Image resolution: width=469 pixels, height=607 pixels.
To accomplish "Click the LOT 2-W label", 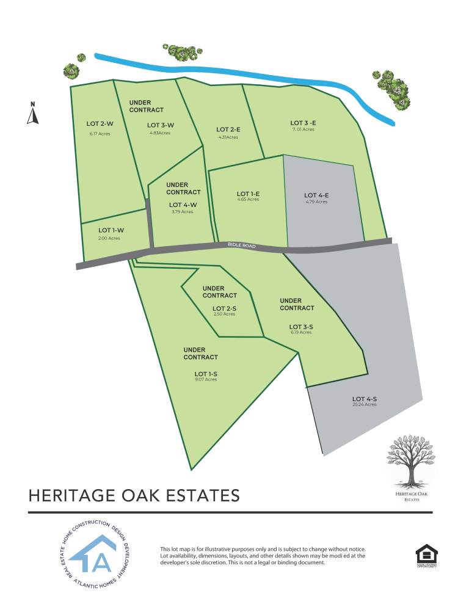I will [x=100, y=123].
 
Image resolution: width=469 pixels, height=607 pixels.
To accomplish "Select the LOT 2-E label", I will [x=228, y=129].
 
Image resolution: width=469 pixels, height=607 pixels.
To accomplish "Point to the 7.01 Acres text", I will [x=303, y=129].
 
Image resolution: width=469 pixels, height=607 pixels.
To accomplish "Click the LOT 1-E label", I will [x=249, y=194].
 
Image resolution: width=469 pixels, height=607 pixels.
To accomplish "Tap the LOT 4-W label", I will [x=182, y=205].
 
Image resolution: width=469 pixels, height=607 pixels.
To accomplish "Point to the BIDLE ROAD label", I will [x=241, y=245].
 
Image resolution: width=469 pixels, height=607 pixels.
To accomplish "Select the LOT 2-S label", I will [x=224, y=308].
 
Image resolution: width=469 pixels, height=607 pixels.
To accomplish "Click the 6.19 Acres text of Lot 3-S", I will [x=301, y=333].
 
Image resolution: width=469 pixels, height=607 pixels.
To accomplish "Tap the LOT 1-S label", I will [x=206, y=373].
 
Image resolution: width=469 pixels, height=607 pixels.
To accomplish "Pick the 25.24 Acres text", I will [x=364, y=405].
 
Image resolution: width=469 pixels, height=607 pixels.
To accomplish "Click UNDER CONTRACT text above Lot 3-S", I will [x=297, y=304].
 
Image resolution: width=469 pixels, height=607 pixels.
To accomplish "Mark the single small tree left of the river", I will [x=81, y=58].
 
